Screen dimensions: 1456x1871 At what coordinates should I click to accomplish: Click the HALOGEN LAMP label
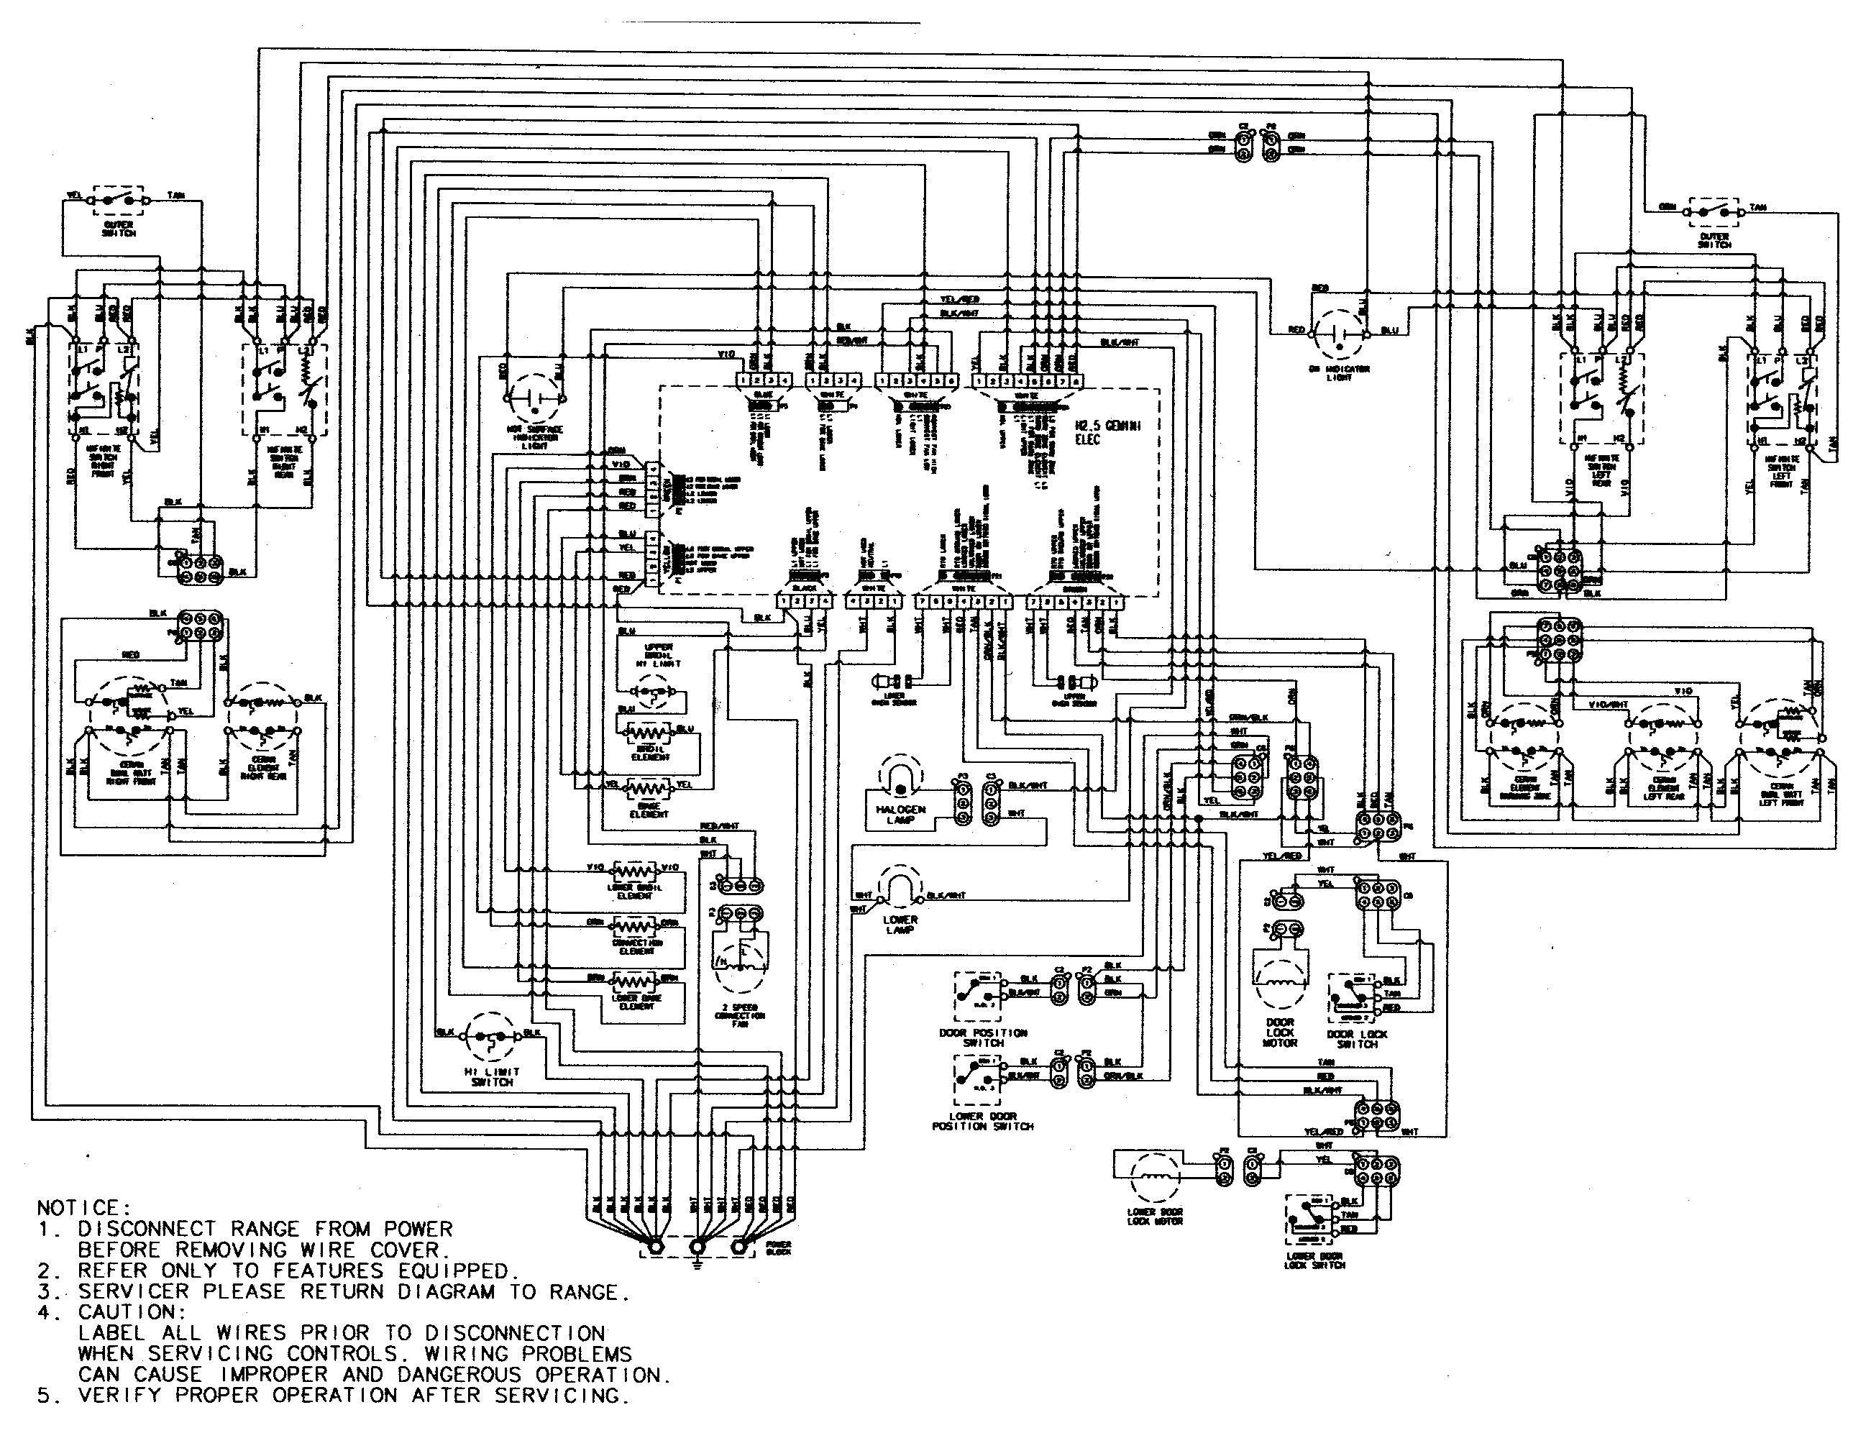(x=900, y=815)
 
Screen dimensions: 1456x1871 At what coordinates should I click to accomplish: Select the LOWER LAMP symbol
(x=899, y=890)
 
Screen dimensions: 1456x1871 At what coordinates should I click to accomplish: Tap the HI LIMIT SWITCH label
(x=492, y=1077)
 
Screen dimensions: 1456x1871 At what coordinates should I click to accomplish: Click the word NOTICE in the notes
(x=81, y=1209)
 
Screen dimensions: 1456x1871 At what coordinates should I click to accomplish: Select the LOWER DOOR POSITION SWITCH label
(x=983, y=1121)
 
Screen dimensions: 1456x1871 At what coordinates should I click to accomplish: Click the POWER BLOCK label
(x=779, y=1248)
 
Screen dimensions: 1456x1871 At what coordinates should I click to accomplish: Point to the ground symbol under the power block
(x=697, y=1264)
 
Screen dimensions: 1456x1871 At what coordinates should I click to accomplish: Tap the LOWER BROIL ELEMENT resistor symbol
(x=634, y=870)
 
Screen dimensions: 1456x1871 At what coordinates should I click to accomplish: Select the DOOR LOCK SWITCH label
(x=1357, y=1039)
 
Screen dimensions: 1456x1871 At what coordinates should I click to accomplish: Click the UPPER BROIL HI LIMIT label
(x=659, y=655)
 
